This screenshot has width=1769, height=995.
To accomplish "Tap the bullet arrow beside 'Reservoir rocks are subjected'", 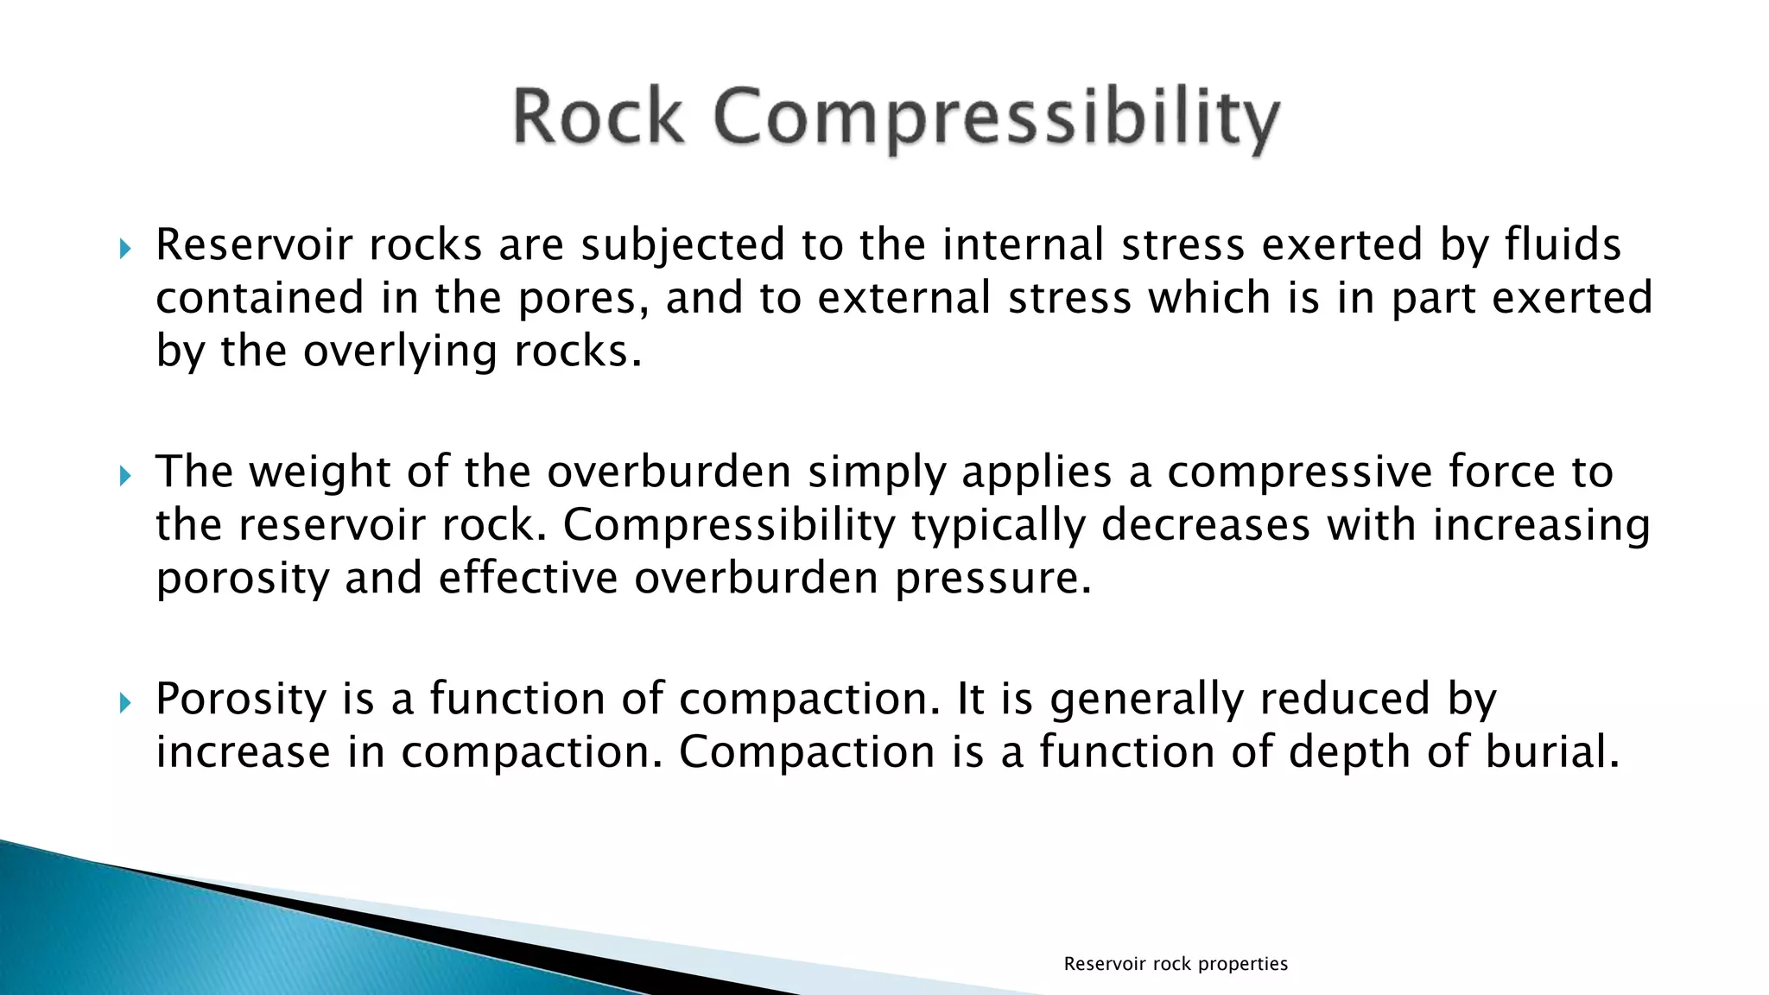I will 125,250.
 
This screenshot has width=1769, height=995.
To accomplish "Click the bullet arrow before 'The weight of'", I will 125,475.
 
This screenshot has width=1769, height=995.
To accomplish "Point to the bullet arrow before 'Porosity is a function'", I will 125,702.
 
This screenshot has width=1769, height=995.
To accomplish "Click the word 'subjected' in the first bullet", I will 682,245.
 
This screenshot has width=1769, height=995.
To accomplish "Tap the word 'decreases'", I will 1206,525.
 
